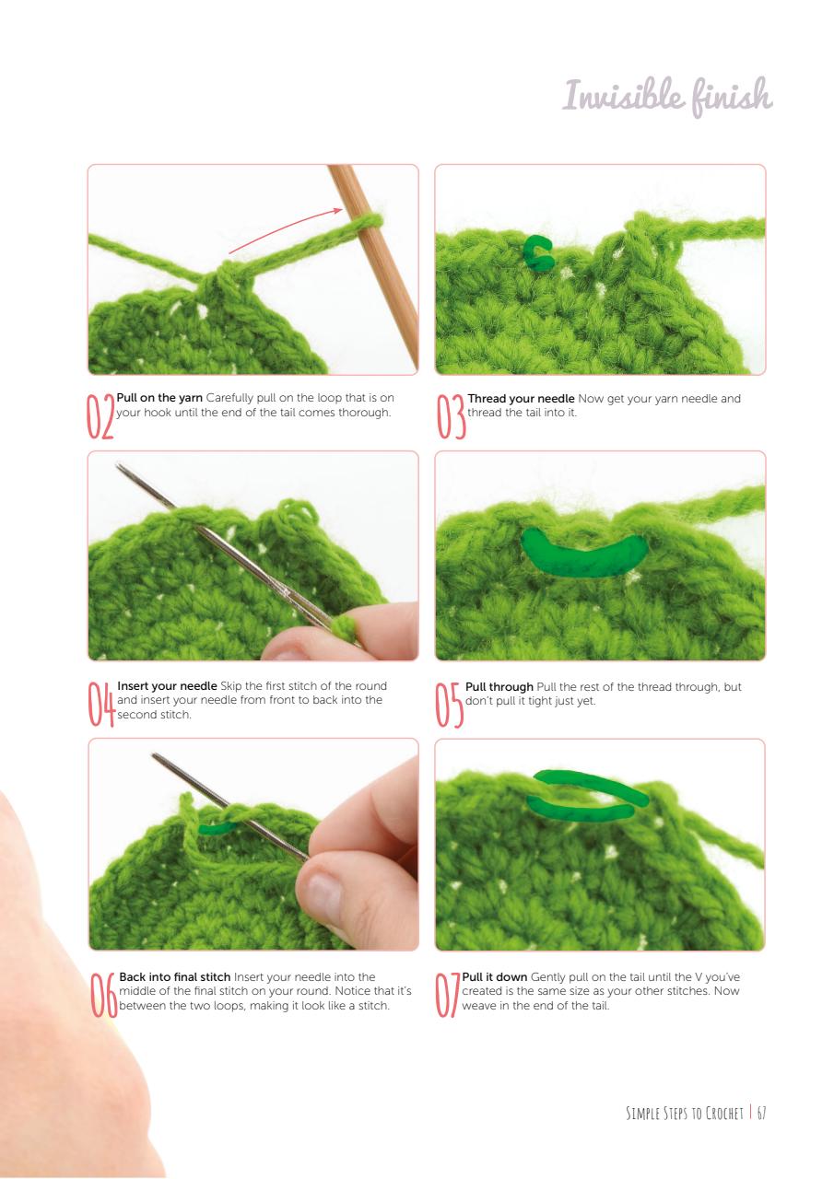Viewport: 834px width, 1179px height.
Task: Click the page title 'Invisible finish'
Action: (x=667, y=97)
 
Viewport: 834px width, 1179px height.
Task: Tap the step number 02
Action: (x=99, y=415)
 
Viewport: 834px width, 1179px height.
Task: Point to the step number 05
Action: (x=449, y=704)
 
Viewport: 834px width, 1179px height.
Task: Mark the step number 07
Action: (x=447, y=994)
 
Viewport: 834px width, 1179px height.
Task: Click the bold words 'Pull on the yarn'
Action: (x=159, y=398)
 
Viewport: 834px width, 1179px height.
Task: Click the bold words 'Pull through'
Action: (x=499, y=687)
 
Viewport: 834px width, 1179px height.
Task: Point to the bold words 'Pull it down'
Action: (x=494, y=976)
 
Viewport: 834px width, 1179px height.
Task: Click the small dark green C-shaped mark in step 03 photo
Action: (x=538, y=252)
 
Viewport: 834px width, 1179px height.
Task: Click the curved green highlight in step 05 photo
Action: (x=583, y=555)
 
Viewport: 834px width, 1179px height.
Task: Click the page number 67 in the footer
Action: (x=760, y=1113)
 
